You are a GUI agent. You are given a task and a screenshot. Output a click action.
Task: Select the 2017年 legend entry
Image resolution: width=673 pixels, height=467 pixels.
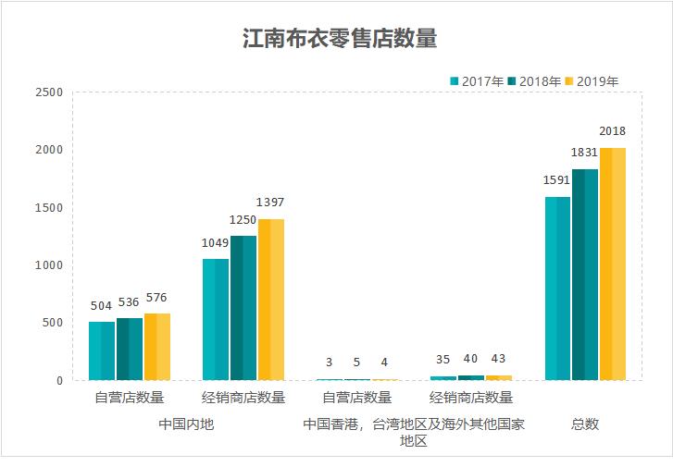click(477, 81)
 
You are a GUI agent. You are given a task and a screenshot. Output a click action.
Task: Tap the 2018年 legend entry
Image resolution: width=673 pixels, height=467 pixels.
click(534, 81)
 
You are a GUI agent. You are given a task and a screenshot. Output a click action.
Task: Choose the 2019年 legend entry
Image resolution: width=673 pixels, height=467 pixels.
click(591, 81)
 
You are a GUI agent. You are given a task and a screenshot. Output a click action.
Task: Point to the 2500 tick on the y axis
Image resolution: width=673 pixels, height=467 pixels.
click(48, 92)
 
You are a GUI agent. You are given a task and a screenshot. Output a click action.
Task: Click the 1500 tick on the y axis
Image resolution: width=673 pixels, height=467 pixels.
click(48, 208)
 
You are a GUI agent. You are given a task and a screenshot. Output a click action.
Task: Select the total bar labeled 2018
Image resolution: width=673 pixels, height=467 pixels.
click(613, 264)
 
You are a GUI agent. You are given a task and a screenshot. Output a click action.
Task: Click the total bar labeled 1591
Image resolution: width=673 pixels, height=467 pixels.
click(557, 288)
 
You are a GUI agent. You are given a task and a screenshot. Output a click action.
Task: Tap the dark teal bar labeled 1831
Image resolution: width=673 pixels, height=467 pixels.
click(585, 274)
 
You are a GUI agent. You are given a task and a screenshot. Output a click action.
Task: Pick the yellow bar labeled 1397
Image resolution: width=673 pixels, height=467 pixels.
click(270, 299)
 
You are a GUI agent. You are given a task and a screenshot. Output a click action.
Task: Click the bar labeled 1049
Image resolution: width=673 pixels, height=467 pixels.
click(215, 319)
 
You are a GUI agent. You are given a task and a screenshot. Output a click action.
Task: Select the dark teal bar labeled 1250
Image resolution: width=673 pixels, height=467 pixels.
click(243, 307)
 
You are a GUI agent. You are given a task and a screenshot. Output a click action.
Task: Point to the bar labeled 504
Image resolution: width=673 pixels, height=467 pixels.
click(102, 350)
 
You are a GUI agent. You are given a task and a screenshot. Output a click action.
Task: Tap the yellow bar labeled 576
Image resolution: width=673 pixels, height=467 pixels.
click(156, 346)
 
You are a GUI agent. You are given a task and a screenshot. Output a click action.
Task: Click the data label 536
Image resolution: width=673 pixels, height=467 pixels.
click(130, 303)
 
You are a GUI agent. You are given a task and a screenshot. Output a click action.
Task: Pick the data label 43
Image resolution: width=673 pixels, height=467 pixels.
click(499, 360)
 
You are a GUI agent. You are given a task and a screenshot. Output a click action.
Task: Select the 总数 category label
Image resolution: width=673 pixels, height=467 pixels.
click(584, 424)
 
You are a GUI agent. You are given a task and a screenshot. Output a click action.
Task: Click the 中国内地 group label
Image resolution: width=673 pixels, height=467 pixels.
click(186, 424)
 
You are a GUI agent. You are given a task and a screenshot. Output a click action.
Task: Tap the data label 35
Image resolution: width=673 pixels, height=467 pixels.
click(443, 361)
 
